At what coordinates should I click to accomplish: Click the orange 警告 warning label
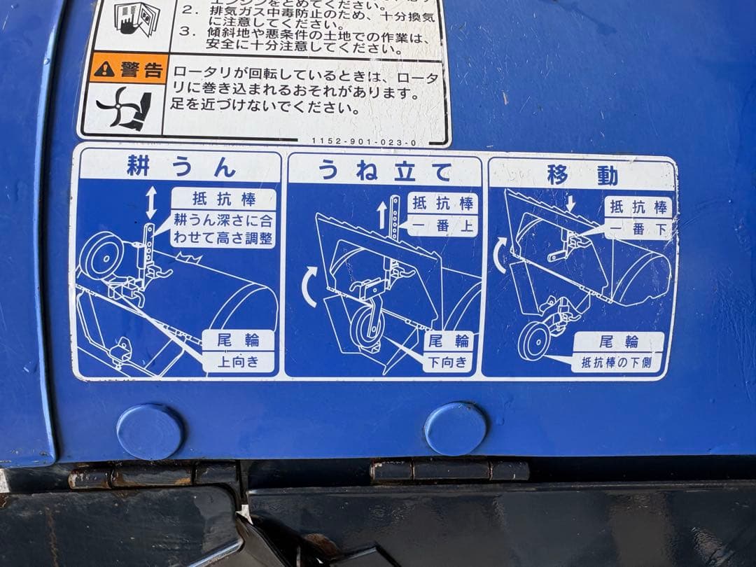pos(128,69)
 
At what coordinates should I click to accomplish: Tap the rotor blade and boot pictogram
pos(124,108)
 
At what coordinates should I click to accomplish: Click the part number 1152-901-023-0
pos(363,142)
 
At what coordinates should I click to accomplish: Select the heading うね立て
pos(384,170)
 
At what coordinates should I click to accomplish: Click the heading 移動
pos(582,175)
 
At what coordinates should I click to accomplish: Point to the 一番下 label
pos(638,227)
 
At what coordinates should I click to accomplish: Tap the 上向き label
pos(238,361)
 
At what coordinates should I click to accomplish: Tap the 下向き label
pos(448,362)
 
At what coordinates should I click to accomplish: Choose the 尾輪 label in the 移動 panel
pos(619,342)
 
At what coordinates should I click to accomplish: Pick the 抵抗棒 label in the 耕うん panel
pos(223,198)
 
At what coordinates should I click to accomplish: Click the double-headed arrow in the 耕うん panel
pos(150,202)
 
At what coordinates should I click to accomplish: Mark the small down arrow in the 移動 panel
pos(570,203)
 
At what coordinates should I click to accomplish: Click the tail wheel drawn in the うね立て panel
pos(366,327)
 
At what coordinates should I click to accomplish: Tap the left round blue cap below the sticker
pos(150,431)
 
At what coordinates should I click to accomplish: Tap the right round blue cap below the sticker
pos(455,428)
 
